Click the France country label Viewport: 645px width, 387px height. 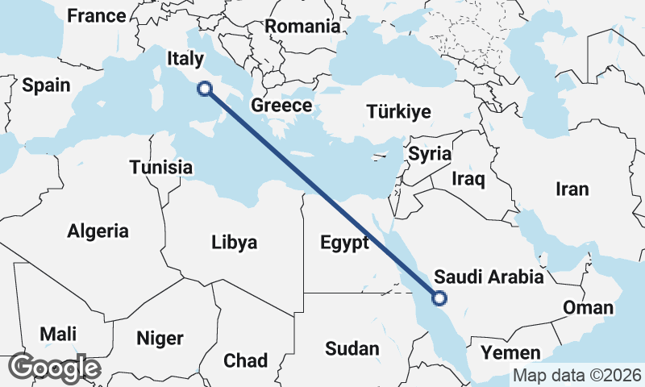click(x=97, y=15)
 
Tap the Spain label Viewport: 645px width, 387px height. click(x=46, y=85)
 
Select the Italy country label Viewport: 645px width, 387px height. click(x=185, y=58)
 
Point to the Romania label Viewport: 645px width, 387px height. click(x=302, y=26)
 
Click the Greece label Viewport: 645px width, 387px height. click(x=281, y=106)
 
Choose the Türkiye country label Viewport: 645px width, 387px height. click(x=398, y=112)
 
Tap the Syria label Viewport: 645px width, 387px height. click(x=430, y=153)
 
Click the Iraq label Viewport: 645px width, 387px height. click(x=468, y=178)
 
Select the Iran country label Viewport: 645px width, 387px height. click(x=572, y=189)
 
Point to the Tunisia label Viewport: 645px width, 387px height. click(x=161, y=168)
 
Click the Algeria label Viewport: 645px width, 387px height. click(x=98, y=231)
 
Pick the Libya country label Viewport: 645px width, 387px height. click(x=234, y=242)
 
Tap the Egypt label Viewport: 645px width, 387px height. click(x=344, y=242)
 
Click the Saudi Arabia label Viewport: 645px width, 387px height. click(x=489, y=278)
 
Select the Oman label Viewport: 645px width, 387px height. click(x=588, y=308)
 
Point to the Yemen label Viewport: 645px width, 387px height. click(x=510, y=352)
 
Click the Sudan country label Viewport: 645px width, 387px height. click(x=352, y=348)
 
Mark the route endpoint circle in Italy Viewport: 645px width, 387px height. click(x=205, y=89)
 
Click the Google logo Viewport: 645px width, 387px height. click(x=55, y=368)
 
